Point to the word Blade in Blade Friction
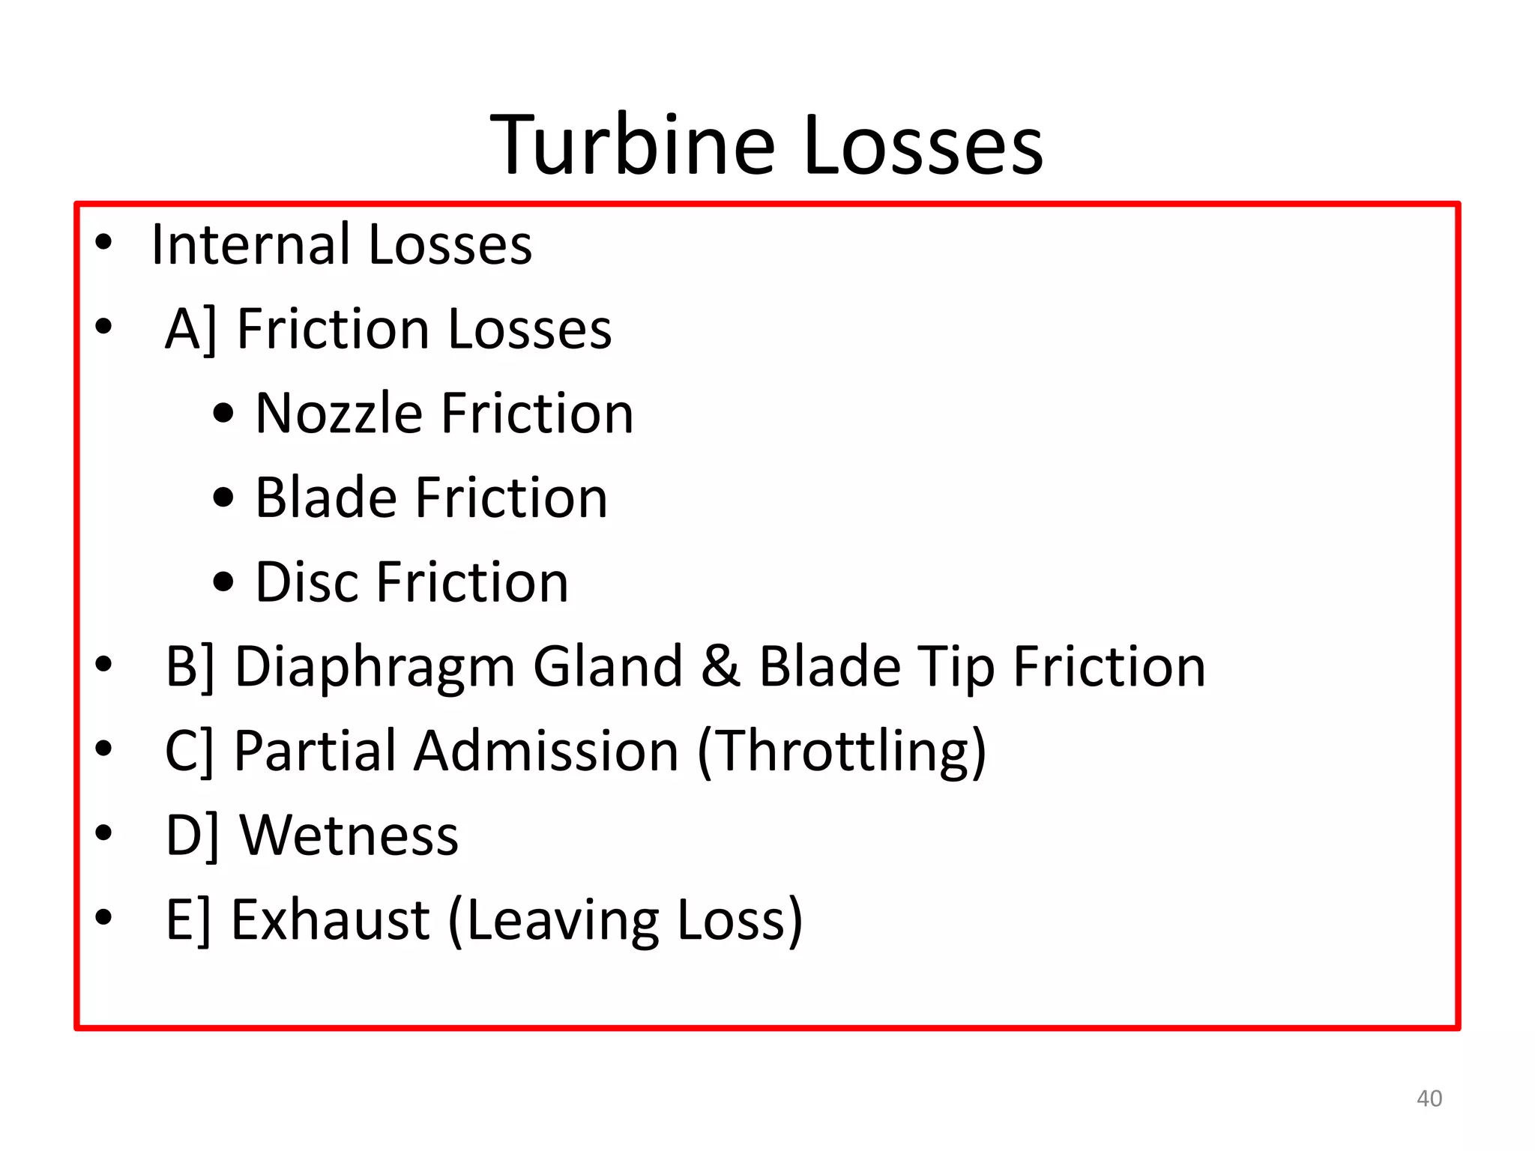(x=325, y=498)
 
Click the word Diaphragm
(x=375, y=667)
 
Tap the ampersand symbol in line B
(x=720, y=667)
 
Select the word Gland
(x=607, y=667)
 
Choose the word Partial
(x=314, y=751)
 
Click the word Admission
(x=546, y=751)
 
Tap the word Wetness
(x=349, y=836)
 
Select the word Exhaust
(x=330, y=920)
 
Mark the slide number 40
(x=1429, y=1099)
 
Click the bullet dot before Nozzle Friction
(x=223, y=414)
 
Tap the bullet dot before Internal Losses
(x=103, y=241)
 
